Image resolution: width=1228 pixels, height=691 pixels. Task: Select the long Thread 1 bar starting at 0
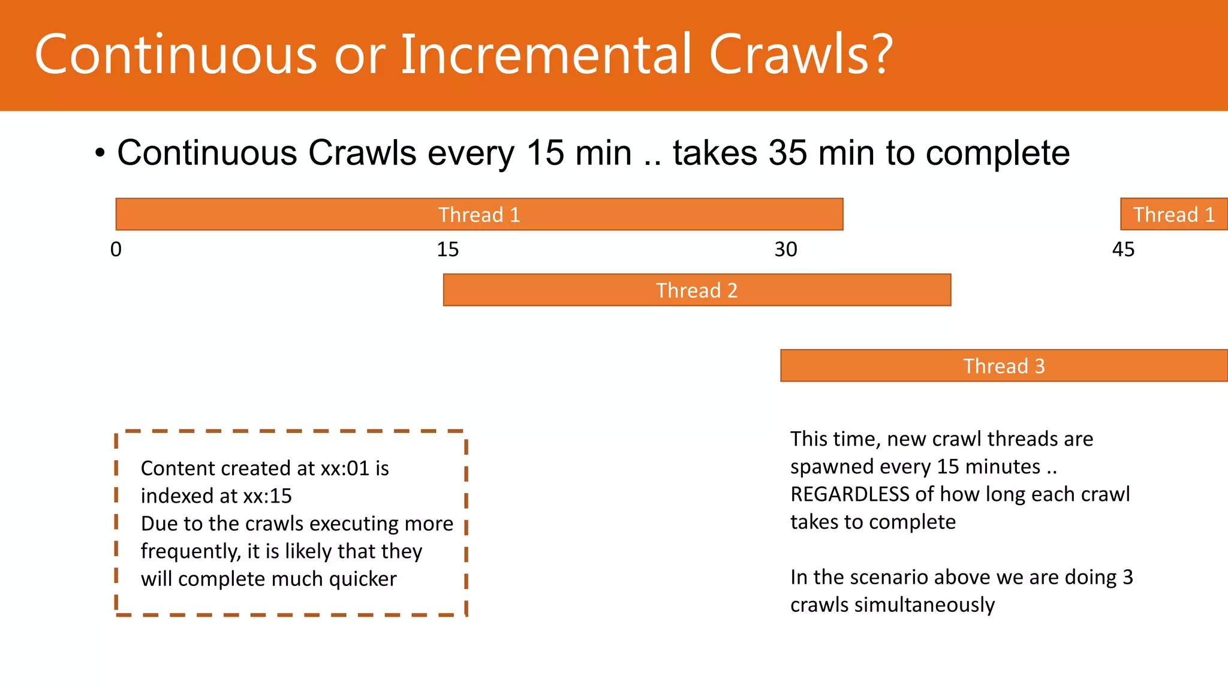tap(479, 214)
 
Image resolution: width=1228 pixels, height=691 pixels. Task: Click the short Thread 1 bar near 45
tap(1173, 214)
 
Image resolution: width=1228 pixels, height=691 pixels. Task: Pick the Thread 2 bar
tap(697, 290)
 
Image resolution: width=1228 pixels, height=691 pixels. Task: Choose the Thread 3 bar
tap(1004, 366)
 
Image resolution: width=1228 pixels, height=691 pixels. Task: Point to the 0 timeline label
tap(116, 250)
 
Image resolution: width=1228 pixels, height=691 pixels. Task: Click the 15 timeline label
tap(447, 250)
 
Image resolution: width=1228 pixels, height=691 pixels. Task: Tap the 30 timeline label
tap(785, 250)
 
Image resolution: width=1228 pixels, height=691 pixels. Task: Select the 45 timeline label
tap(1123, 250)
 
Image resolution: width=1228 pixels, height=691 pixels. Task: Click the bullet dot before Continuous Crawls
tap(100, 154)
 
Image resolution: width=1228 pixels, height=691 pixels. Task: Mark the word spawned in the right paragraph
tap(827, 467)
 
